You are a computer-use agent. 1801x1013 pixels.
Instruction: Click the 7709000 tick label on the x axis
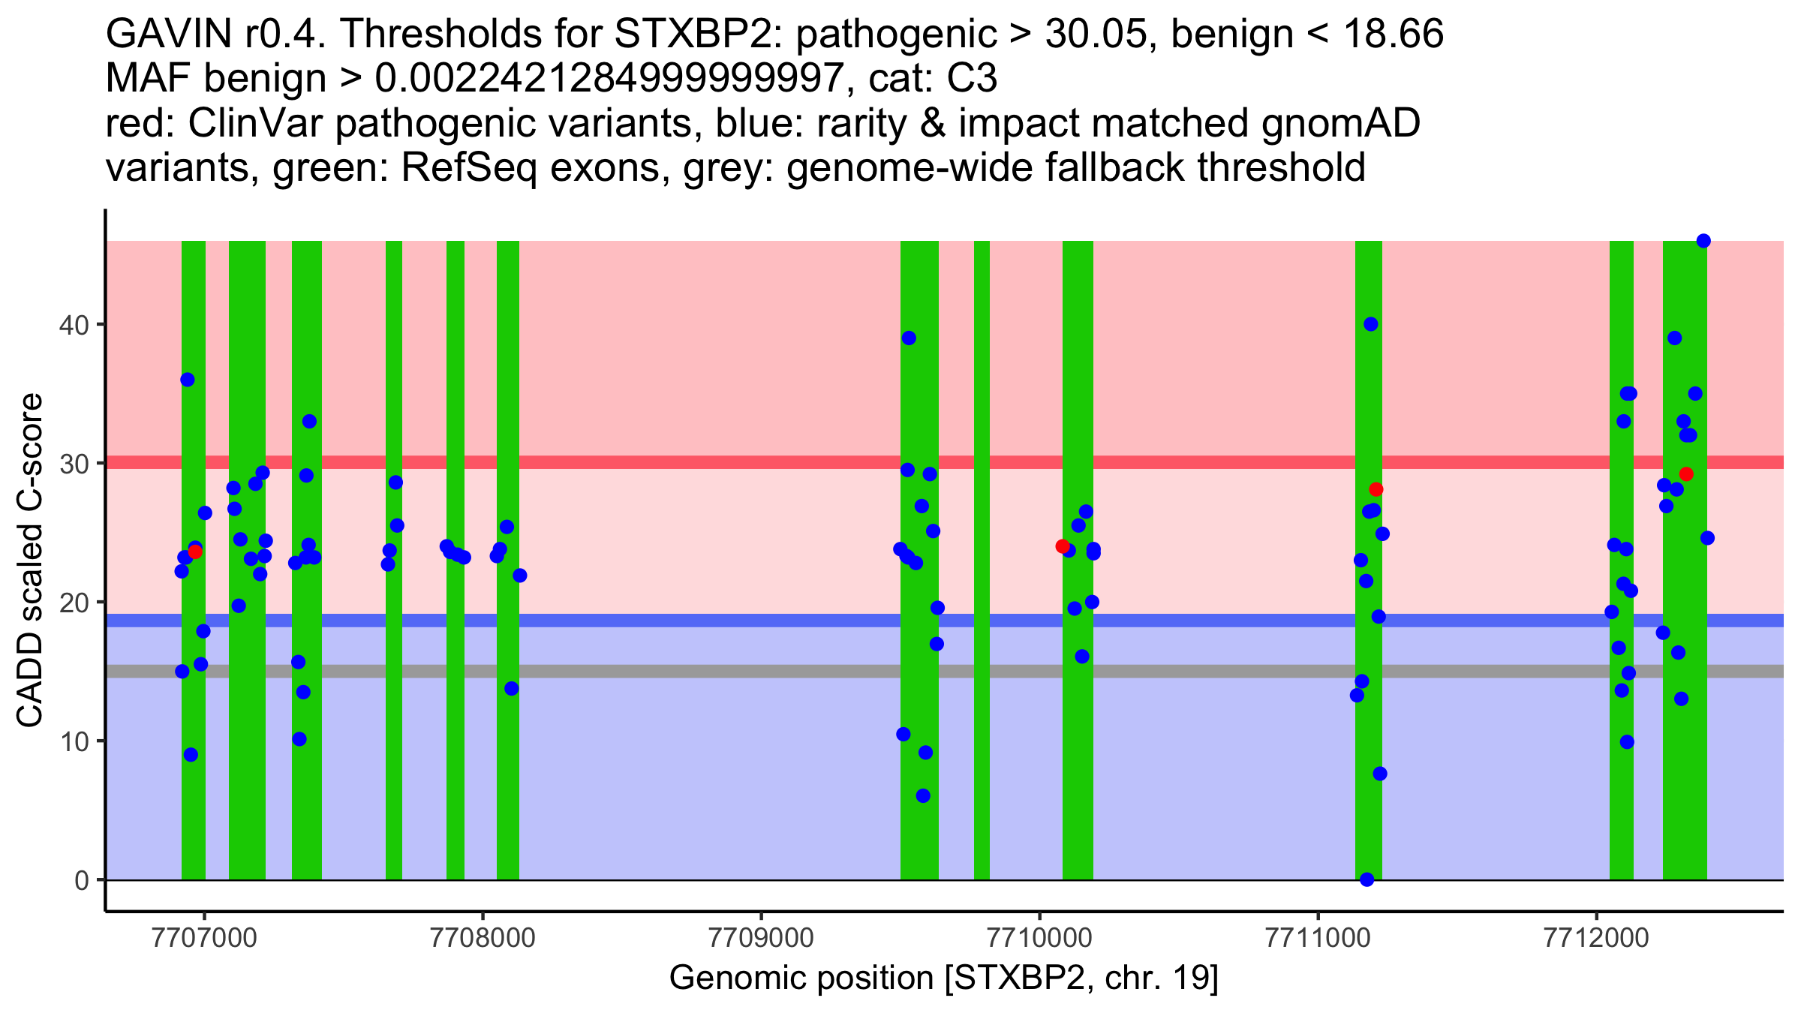tap(761, 937)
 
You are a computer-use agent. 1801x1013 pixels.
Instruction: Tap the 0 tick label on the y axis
tap(82, 880)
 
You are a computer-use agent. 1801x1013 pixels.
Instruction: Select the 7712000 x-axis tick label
tap(1595, 937)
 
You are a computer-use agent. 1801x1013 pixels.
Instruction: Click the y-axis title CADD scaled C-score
tap(30, 561)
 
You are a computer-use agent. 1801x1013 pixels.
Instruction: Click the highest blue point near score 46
tap(1703, 241)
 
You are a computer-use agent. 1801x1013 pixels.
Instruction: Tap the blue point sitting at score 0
tap(1367, 879)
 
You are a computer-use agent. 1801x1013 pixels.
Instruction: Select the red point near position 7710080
tap(1063, 546)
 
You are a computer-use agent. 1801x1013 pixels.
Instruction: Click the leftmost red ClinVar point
tap(195, 552)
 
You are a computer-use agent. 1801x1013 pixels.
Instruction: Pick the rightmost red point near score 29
tap(1686, 474)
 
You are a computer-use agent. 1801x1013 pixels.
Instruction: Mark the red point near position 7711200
tap(1376, 489)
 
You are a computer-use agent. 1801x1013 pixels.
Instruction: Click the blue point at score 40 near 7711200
tap(1371, 324)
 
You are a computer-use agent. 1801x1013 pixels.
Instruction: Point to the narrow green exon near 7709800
tap(982, 560)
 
